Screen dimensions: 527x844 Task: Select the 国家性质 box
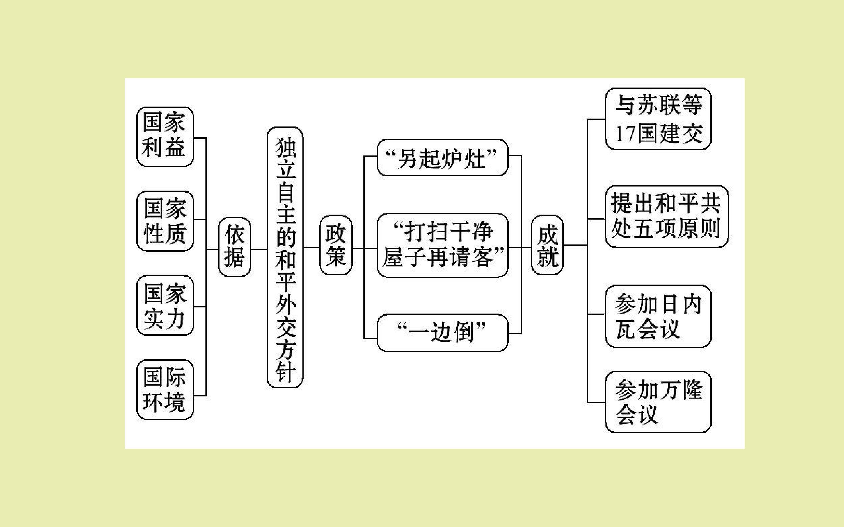click(x=165, y=221)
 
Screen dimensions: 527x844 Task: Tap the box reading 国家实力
click(x=165, y=305)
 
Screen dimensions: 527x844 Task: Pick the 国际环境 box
click(x=165, y=389)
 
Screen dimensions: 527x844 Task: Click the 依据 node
click(x=234, y=247)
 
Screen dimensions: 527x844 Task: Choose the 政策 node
click(x=336, y=245)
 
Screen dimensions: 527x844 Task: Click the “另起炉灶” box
click(x=442, y=158)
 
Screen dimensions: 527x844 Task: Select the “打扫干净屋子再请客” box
click(x=442, y=245)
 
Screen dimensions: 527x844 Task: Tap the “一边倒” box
click(x=442, y=333)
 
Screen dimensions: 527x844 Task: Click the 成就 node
click(x=547, y=245)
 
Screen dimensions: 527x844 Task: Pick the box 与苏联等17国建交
click(x=658, y=119)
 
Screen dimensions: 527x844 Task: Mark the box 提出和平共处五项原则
click(x=666, y=216)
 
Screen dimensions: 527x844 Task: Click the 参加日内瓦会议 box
click(x=658, y=316)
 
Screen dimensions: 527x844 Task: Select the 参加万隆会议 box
click(x=658, y=402)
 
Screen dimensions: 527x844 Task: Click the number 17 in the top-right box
click(x=625, y=134)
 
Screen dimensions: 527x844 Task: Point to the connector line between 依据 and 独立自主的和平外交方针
click(x=259, y=249)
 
